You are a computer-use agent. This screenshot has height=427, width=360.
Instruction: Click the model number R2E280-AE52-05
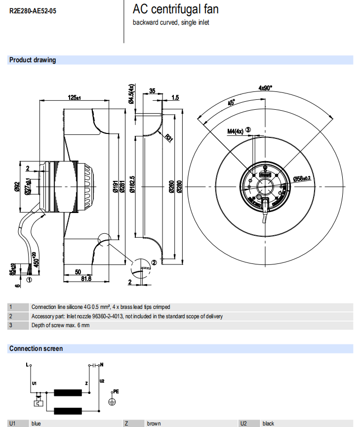pos(33,11)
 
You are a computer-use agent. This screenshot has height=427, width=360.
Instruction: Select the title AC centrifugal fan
pos(175,9)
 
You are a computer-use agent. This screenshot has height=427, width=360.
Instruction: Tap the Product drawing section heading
pos(33,60)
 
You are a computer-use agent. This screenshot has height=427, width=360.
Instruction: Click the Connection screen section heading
pos(36,348)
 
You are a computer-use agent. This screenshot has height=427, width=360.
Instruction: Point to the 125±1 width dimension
pos(75,98)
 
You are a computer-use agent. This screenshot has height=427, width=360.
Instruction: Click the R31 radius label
pos(169,138)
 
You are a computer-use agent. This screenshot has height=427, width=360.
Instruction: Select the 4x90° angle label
pos(265,88)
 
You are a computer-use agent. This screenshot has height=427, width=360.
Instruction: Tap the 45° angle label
pos(231,103)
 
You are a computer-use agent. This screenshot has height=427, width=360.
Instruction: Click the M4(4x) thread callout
pos(236,131)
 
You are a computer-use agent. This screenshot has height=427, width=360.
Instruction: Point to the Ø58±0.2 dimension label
pos(302,178)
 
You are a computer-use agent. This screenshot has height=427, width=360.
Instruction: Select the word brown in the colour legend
pos(154,424)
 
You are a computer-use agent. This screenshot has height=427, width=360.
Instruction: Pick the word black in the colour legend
pos(268,424)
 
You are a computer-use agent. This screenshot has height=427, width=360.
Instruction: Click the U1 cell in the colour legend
pos(13,424)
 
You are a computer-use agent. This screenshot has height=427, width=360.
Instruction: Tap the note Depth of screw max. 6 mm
pos(61,325)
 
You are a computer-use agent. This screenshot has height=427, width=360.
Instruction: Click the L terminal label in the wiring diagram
pos(27,365)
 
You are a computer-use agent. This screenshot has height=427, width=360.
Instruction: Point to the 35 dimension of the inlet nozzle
pos(152,91)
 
